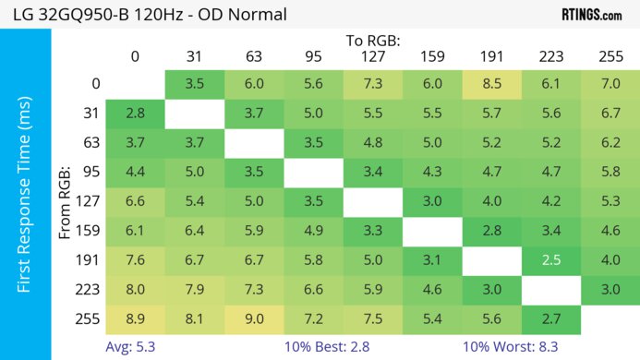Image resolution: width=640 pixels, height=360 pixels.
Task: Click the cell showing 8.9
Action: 135,318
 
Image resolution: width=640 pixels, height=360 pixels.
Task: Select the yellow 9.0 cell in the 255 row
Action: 254,318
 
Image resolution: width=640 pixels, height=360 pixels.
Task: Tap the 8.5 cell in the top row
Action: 491,84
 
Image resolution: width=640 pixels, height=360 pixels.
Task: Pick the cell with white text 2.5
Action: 551,260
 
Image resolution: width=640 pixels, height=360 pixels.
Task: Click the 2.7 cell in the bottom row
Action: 551,318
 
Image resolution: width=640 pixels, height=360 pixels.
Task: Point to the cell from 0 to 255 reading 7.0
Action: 610,84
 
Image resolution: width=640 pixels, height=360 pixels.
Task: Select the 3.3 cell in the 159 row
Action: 372,231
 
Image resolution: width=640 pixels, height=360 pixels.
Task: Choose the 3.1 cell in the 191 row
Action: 432,260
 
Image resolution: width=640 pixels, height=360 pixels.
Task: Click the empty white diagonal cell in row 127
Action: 372,201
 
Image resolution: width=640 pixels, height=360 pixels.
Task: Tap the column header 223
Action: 551,55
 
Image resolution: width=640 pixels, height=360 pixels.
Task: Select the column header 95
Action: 313,55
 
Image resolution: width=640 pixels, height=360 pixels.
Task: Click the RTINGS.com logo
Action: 592,14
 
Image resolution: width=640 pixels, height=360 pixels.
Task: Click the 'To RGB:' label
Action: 371,41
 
